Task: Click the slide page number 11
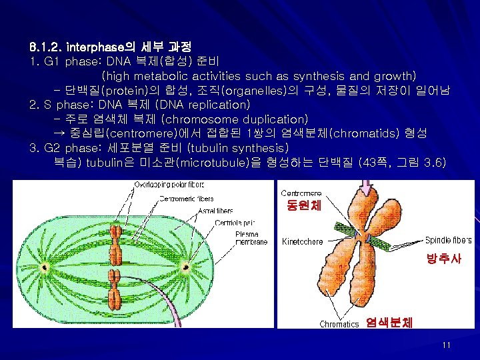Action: (446, 345)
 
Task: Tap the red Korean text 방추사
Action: (444, 258)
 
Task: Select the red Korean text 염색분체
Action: (389, 323)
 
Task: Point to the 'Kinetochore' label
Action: (303, 241)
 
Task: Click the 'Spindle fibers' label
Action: (449, 240)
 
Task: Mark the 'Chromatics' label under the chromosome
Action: (339, 325)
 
